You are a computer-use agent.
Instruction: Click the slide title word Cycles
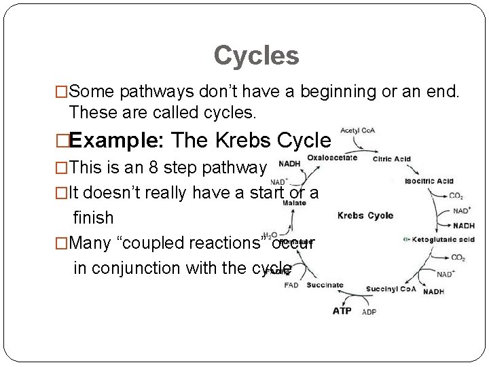coord(256,56)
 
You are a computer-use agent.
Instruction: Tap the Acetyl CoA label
coord(359,130)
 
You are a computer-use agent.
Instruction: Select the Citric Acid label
coord(391,159)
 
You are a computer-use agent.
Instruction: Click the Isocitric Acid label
coord(429,181)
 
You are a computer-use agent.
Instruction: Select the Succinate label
coord(325,285)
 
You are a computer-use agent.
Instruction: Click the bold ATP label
coord(342,311)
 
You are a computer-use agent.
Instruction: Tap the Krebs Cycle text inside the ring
coord(365,215)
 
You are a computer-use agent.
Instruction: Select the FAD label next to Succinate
coord(291,286)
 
